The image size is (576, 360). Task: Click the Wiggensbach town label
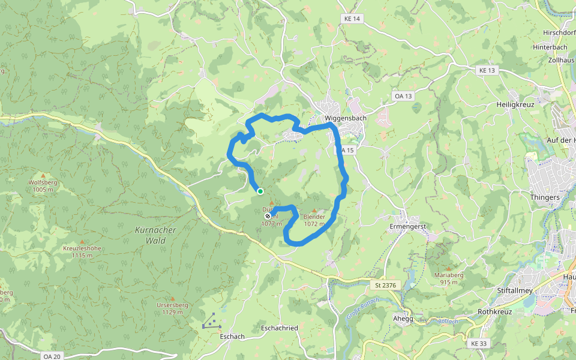click(345, 118)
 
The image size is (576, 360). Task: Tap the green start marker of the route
click(260, 191)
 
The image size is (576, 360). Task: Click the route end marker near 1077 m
click(268, 216)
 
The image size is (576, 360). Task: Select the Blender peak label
click(314, 217)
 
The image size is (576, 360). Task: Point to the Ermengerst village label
click(407, 226)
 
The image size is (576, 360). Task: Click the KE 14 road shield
click(352, 19)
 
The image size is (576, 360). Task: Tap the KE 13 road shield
click(487, 70)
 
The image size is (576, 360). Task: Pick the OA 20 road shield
click(52, 356)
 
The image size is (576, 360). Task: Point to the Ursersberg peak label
click(172, 305)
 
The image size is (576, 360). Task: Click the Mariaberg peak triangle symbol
click(449, 268)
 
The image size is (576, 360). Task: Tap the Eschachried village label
click(280, 328)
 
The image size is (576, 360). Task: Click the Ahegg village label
click(403, 319)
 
